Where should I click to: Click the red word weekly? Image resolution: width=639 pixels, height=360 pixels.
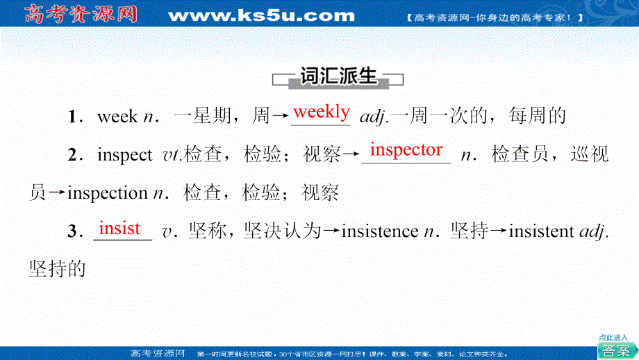click(x=321, y=112)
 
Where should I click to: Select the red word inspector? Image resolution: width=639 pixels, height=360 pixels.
click(x=406, y=150)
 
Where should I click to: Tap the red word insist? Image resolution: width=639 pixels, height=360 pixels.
click(x=119, y=229)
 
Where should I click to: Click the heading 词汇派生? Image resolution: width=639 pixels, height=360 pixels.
click(x=338, y=76)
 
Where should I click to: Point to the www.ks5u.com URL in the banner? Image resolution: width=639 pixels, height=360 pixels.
click(x=261, y=15)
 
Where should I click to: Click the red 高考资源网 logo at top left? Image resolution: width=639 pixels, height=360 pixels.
click(x=81, y=14)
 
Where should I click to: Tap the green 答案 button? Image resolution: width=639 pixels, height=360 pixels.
click(x=616, y=350)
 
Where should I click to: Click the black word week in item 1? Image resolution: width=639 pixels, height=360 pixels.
click(x=117, y=117)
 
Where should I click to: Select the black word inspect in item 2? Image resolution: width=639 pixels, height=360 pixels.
click(x=125, y=156)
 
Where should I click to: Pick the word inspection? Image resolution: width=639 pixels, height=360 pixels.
click(x=108, y=193)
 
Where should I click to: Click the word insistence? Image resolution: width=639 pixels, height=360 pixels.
click(x=380, y=231)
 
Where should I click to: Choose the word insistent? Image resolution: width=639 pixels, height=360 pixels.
click(x=541, y=231)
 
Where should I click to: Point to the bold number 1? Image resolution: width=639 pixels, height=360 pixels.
click(x=72, y=117)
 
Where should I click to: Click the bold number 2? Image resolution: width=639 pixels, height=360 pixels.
click(x=72, y=155)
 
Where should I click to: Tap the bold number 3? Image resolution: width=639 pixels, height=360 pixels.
click(x=72, y=231)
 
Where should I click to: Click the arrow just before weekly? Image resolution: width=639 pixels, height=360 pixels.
click(x=281, y=117)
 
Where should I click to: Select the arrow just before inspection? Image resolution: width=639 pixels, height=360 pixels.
click(x=57, y=193)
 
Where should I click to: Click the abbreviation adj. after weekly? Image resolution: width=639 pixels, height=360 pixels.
click(x=374, y=117)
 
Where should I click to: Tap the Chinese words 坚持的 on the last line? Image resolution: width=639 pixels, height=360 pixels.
click(x=58, y=269)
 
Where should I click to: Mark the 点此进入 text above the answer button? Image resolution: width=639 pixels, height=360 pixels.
click(x=613, y=338)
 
